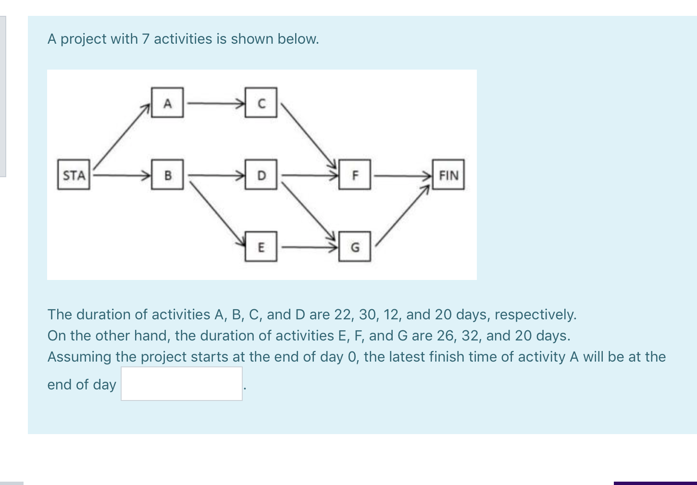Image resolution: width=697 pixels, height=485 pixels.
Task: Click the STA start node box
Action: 74,175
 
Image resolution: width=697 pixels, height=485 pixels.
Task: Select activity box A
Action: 167,103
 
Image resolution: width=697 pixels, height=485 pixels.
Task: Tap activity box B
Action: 167,175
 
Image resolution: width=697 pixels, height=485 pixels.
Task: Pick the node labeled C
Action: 261,103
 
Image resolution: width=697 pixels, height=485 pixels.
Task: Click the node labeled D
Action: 261,175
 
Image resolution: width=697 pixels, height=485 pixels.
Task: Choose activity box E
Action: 261,247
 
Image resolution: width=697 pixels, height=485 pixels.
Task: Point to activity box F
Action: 355,175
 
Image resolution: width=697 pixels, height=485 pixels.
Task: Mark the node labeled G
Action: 355,247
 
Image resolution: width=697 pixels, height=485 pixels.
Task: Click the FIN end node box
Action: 448,175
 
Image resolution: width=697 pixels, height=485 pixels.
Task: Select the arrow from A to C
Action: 214,102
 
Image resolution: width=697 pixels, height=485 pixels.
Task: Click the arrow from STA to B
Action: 120,175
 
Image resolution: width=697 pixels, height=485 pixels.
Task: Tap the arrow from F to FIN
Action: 401,175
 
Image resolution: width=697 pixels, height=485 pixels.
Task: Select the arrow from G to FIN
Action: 402,216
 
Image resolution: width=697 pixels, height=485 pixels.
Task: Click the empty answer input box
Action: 182,384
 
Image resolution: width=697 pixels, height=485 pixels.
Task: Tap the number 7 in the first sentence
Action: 146,39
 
